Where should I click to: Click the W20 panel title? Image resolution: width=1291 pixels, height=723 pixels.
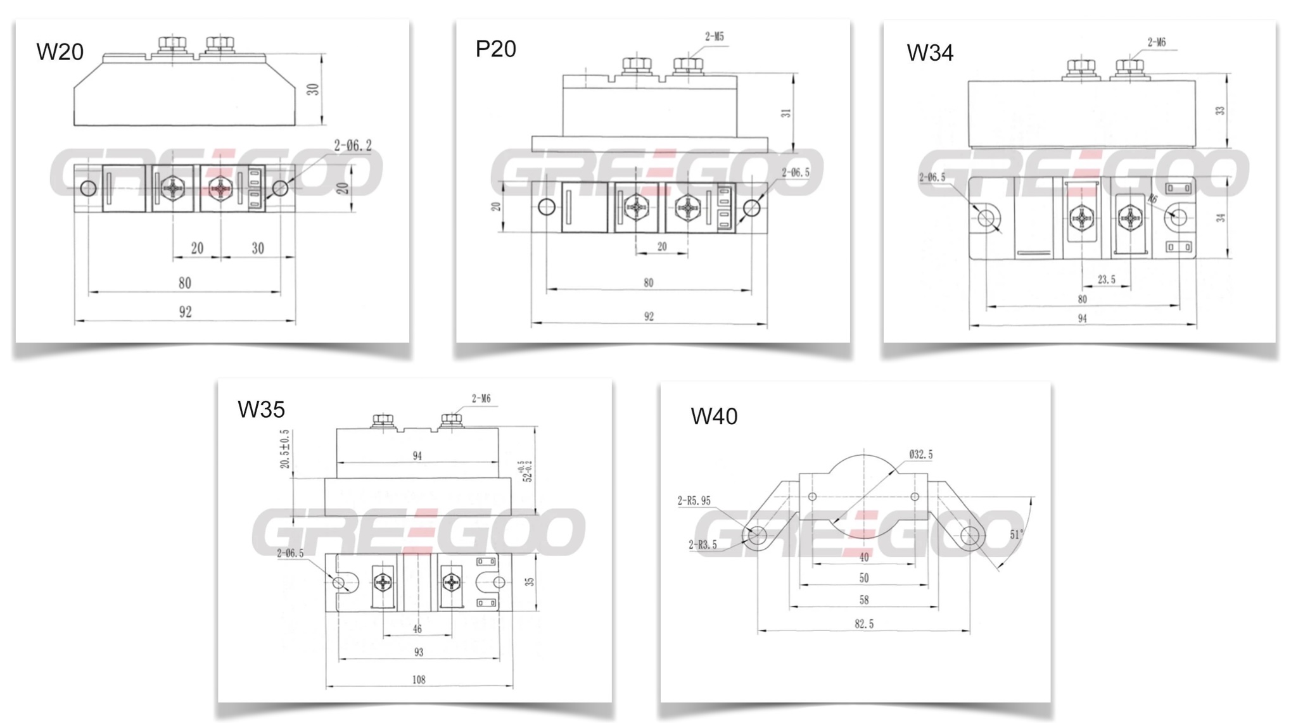point(60,52)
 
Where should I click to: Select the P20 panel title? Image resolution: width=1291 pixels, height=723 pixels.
point(495,49)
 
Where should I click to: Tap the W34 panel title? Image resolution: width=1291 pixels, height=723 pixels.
point(929,53)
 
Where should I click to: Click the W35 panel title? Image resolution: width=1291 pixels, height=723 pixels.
point(261,410)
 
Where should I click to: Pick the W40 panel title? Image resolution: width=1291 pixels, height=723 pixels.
point(714,417)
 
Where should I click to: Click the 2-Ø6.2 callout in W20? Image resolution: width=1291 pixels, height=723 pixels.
point(353,146)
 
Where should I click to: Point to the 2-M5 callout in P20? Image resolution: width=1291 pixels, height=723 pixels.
point(714,37)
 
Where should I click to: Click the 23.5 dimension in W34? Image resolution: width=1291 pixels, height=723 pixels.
point(1106,279)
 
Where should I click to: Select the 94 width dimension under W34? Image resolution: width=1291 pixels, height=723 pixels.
point(1082,318)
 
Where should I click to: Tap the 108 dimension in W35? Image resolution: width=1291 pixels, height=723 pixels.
point(419,680)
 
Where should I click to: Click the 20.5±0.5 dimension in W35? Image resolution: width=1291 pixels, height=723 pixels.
point(285,450)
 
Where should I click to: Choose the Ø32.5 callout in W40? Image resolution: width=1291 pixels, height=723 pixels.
point(920,455)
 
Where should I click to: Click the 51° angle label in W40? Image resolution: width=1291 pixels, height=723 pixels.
point(1016,534)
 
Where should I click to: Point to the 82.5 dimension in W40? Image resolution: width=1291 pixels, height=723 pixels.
point(863,624)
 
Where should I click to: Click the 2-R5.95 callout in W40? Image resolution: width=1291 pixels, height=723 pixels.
point(694,501)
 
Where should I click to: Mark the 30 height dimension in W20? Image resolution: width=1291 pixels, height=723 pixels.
point(313,89)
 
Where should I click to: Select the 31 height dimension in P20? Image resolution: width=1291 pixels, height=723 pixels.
point(786,113)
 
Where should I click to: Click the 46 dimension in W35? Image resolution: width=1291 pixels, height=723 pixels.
point(417,629)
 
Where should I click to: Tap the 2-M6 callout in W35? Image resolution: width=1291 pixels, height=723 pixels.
point(481,399)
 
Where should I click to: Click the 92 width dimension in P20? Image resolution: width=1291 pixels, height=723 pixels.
point(649,317)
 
